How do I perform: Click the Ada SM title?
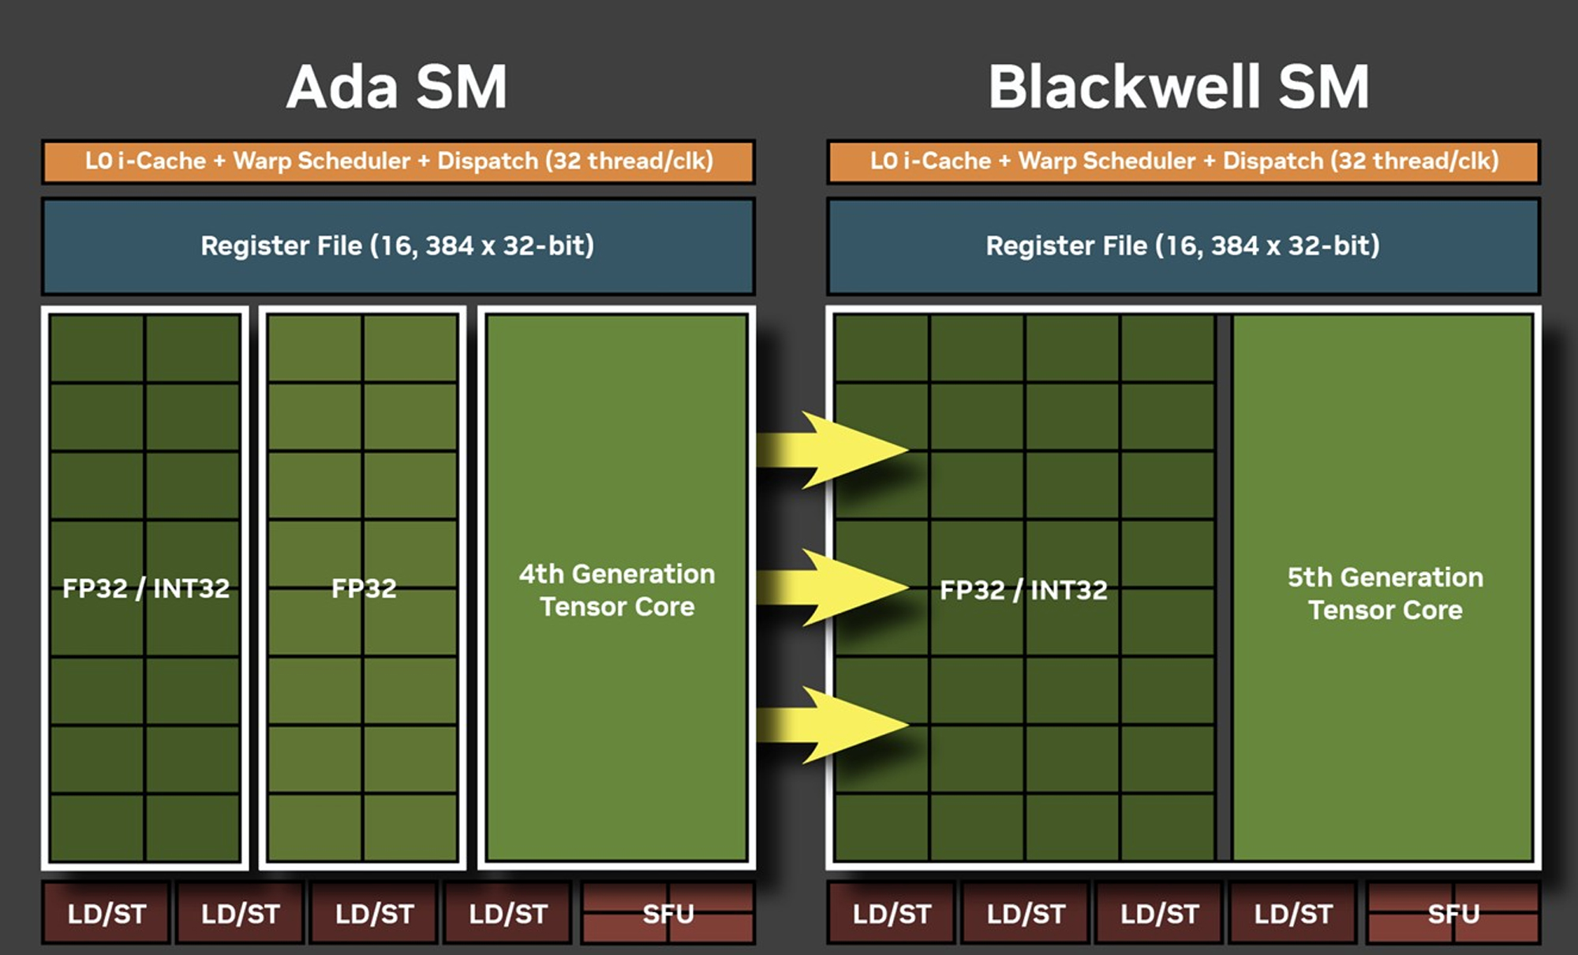click(x=397, y=87)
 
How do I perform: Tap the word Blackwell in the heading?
click(x=1124, y=86)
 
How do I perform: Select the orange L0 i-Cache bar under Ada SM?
click(x=398, y=162)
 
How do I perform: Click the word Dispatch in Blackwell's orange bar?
click(x=1273, y=161)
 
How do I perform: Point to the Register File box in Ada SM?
click(x=398, y=246)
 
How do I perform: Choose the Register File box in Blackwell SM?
click(x=1183, y=246)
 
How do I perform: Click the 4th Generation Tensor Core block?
click(x=617, y=588)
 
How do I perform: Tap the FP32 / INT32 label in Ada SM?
click(x=146, y=588)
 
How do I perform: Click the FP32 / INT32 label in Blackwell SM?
click(x=1023, y=590)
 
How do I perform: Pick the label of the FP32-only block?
click(x=364, y=588)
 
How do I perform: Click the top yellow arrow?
click(x=832, y=450)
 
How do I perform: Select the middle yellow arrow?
click(x=832, y=588)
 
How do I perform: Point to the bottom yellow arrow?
click(x=832, y=725)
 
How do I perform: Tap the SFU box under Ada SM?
click(x=668, y=913)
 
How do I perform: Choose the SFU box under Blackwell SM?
click(x=1453, y=913)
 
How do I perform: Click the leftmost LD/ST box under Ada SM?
click(x=107, y=913)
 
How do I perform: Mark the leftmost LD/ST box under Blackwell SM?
click(x=892, y=913)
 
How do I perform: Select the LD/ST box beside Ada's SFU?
click(x=508, y=913)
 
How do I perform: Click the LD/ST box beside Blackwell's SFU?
click(x=1293, y=913)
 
